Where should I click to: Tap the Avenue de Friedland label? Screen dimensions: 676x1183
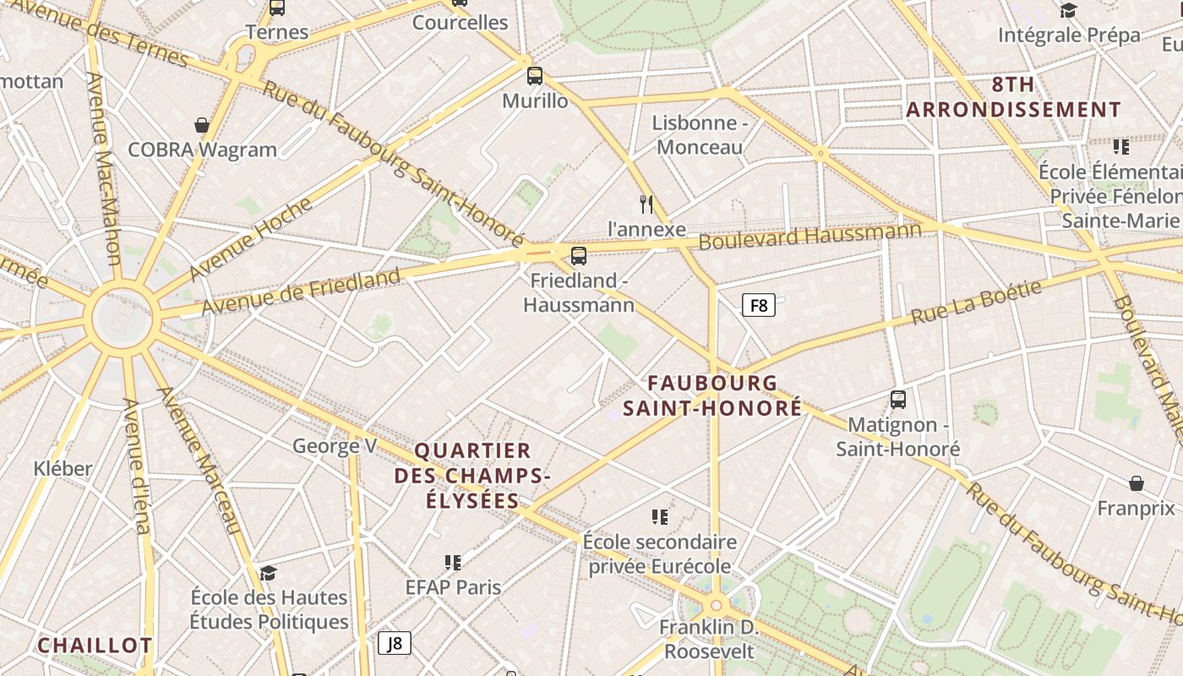[x=300, y=292]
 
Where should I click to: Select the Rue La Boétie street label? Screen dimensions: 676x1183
[x=976, y=303]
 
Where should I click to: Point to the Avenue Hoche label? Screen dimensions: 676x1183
[x=251, y=239]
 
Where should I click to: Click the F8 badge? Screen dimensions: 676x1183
[x=759, y=305]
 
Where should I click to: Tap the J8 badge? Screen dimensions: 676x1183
[x=394, y=643]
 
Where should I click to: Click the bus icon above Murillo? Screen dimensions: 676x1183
[x=535, y=76]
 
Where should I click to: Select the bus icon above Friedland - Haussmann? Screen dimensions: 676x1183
[x=579, y=255]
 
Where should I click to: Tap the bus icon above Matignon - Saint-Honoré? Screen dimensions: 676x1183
[x=898, y=399]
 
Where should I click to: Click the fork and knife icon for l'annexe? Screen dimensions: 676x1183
[x=647, y=204]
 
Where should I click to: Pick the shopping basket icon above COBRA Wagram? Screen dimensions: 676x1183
[x=202, y=125]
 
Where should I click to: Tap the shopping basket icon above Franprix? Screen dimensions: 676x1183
[x=1137, y=483]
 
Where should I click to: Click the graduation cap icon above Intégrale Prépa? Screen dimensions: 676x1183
[x=1069, y=10]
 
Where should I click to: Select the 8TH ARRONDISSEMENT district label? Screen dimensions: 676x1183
[x=1013, y=97]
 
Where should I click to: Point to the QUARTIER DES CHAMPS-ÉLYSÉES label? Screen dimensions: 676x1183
[x=472, y=476]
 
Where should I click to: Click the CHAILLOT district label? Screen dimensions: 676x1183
[x=95, y=646]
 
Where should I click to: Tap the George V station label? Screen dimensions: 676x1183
[x=335, y=445]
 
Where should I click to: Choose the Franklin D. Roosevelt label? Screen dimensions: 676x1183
[x=709, y=640]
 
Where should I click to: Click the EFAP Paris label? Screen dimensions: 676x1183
[x=453, y=586]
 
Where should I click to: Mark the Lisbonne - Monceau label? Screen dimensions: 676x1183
[x=700, y=135]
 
